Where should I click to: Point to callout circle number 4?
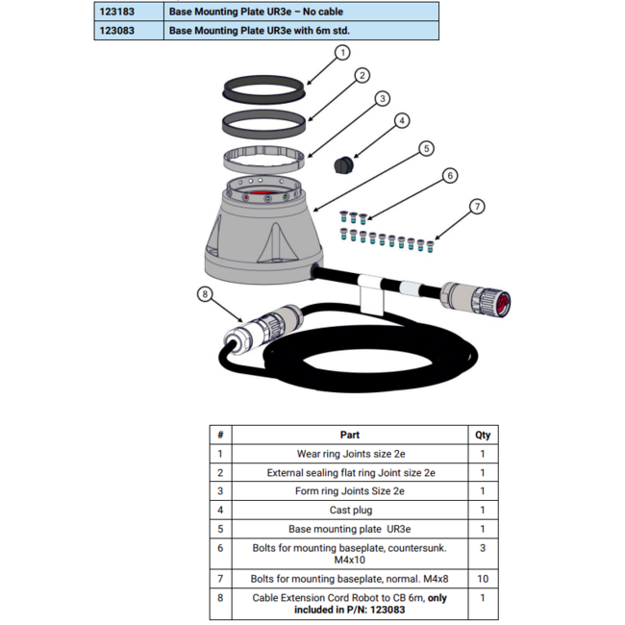click(402, 121)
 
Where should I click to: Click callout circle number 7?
click(477, 207)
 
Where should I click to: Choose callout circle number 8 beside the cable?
click(204, 294)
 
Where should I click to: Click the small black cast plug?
click(343, 165)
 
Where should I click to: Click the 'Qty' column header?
click(483, 435)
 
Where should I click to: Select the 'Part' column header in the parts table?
click(350, 435)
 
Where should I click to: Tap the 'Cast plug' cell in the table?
click(350, 510)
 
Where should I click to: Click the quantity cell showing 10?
click(483, 578)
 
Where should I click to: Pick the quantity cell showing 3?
click(483, 547)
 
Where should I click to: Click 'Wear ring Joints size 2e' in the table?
click(350, 454)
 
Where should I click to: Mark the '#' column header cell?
click(220, 435)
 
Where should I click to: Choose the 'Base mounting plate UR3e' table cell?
click(350, 529)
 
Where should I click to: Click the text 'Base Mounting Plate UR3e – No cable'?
click(255, 11)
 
